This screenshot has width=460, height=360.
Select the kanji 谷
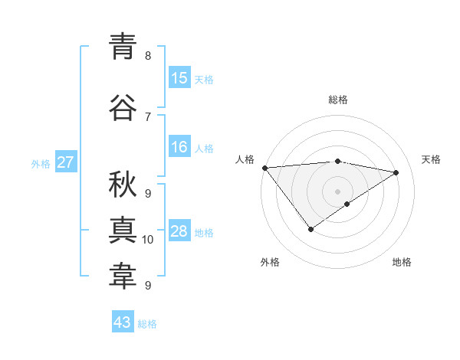point(123,108)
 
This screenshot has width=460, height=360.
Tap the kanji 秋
point(123,185)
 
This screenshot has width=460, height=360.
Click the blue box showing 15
point(179,78)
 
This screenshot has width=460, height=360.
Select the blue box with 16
point(179,147)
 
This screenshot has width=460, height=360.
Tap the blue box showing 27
point(65,162)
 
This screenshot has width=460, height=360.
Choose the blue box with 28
point(179,231)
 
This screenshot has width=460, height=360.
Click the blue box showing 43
point(122,322)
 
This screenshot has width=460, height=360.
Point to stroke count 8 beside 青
point(147,56)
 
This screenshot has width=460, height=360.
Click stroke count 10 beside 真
point(148,240)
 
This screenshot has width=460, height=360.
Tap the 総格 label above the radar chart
point(337,100)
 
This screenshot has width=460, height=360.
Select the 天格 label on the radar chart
point(431,159)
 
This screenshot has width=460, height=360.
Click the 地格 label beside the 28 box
point(204,233)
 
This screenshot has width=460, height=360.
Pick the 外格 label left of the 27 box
point(40,164)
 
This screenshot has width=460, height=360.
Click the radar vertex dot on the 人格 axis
point(264,168)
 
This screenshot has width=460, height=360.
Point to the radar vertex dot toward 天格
point(396,172)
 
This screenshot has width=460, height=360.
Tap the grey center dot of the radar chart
point(337,191)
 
